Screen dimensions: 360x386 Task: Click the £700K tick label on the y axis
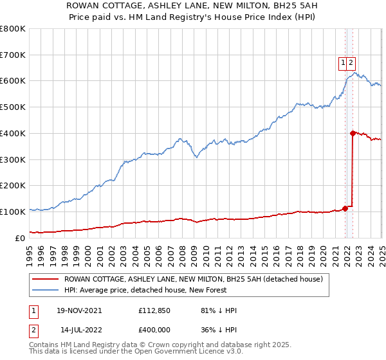13,55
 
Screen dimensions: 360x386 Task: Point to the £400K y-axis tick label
13,134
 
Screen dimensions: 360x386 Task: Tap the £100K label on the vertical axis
13,212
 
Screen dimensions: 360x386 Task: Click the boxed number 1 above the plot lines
344,62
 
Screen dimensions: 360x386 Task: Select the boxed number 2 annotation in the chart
352,62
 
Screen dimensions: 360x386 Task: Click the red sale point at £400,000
353,133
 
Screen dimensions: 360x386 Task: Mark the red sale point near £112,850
345,208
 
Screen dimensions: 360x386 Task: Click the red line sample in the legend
46,279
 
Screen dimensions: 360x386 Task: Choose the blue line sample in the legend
46,290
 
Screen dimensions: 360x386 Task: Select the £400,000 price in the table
156,330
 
